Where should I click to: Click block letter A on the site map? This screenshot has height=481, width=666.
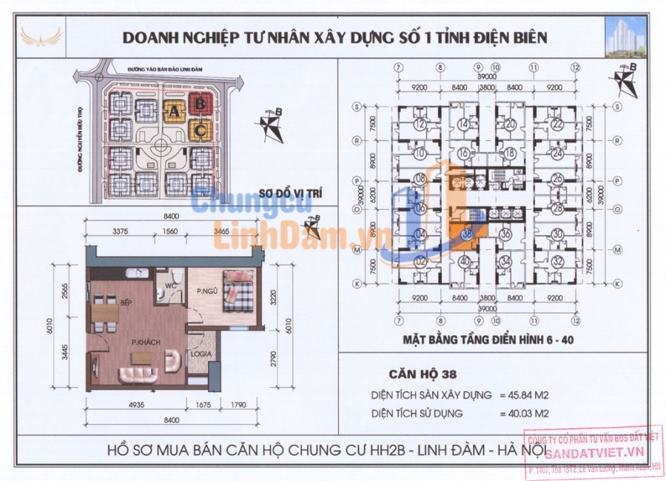174,112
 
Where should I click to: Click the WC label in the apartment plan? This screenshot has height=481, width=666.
169,285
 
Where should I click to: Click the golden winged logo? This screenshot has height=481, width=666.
38,36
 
